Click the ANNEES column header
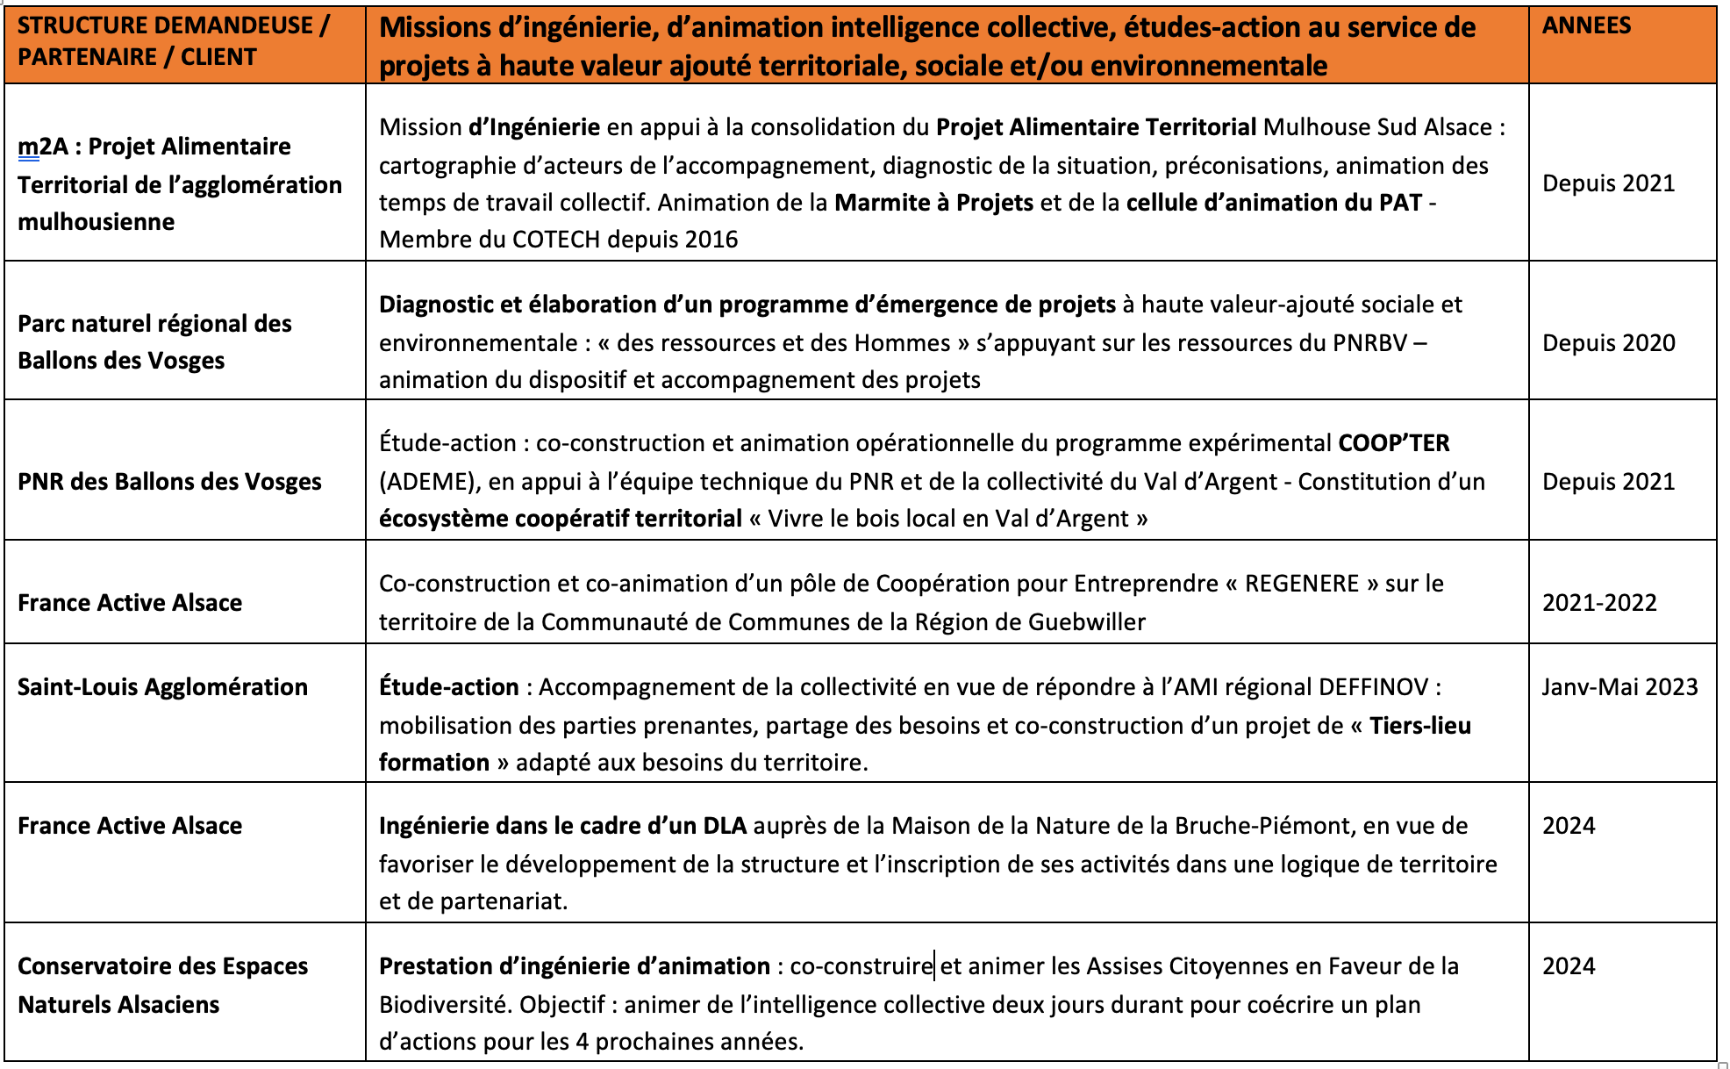(1586, 25)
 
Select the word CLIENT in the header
(218, 57)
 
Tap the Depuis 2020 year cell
(1608, 343)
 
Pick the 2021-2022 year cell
(1599, 603)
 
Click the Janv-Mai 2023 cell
(1619, 687)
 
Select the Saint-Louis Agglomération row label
(162, 687)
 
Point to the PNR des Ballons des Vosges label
(169, 482)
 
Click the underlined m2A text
(42, 147)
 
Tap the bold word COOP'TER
(1393, 443)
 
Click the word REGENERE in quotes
(1301, 584)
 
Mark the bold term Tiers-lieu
(1419, 726)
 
